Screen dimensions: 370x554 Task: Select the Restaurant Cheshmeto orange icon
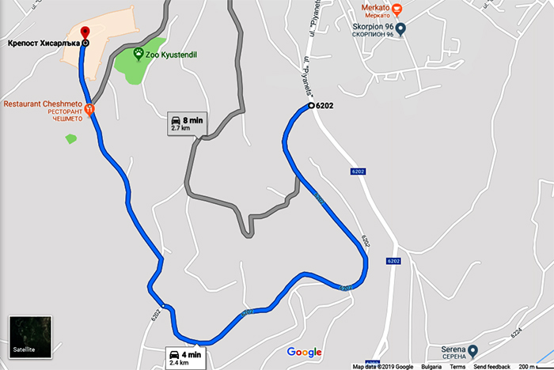89,110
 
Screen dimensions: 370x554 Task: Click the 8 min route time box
187,122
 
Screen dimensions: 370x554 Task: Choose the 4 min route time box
185,359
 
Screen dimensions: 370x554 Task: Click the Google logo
304,352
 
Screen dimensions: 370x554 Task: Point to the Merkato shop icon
397,10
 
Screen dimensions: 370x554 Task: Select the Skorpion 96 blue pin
400,31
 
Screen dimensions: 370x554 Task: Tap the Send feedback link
491,367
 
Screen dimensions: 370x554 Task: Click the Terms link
458,367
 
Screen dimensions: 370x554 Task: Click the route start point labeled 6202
311,106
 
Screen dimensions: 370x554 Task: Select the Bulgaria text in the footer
431,367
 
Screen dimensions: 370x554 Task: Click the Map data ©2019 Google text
383,367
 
